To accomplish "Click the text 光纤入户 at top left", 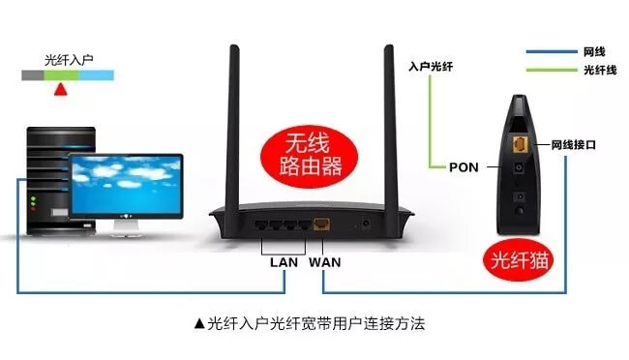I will click(69, 59).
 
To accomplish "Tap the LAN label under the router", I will click(284, 261).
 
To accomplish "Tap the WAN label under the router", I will click(324, 261).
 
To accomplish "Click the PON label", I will click(464, 166).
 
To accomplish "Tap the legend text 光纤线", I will click(595, 70).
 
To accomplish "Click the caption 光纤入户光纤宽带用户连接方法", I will click(310, 321).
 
